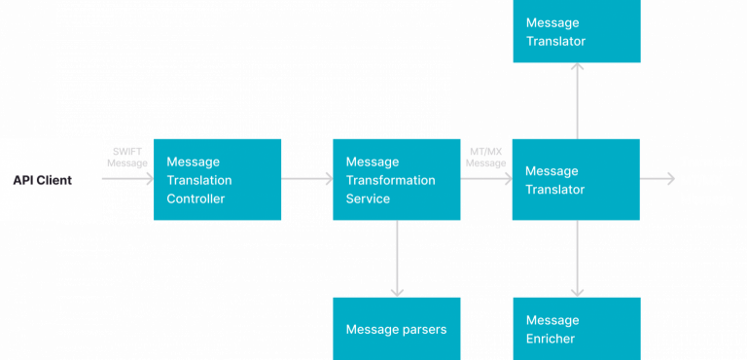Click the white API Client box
[x=51, y=180]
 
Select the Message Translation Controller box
[x=217, y=180]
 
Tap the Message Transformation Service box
[x=396, y=180]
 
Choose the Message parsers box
[x=396, y=329]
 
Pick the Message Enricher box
[x=576, y=329]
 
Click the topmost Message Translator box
[x=576, y=31]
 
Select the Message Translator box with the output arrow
[x=576, y=180]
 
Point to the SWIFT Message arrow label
[x=127, y=157]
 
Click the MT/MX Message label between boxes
[x=486, y=157]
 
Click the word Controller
[x=196, y=198]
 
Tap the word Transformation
[x=390, y=180]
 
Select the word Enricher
[x=551, y=339]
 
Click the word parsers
[x=422, y=329]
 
